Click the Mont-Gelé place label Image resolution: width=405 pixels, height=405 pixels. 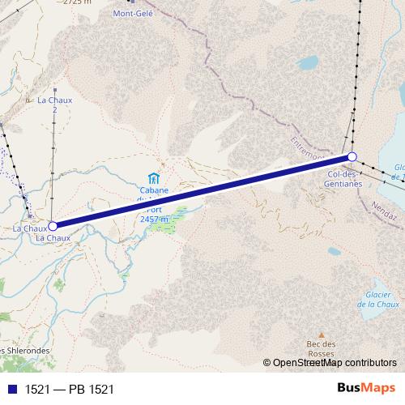click(134, 13)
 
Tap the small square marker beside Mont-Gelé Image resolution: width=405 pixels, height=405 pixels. click(130, 2)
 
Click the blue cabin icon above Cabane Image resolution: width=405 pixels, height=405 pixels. click(152, 177)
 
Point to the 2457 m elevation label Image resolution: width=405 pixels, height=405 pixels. click(154, 219)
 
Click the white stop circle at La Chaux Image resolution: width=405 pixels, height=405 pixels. click(53, 227)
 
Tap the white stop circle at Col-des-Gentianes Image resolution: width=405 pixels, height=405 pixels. click(352, 156)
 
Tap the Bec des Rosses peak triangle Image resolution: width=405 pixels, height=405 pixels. click(321, 334)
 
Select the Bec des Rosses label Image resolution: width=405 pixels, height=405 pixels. click(321, 349)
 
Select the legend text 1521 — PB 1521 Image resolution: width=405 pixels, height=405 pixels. click(70, 390)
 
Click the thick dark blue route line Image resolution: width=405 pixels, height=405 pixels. click(202, 192)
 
